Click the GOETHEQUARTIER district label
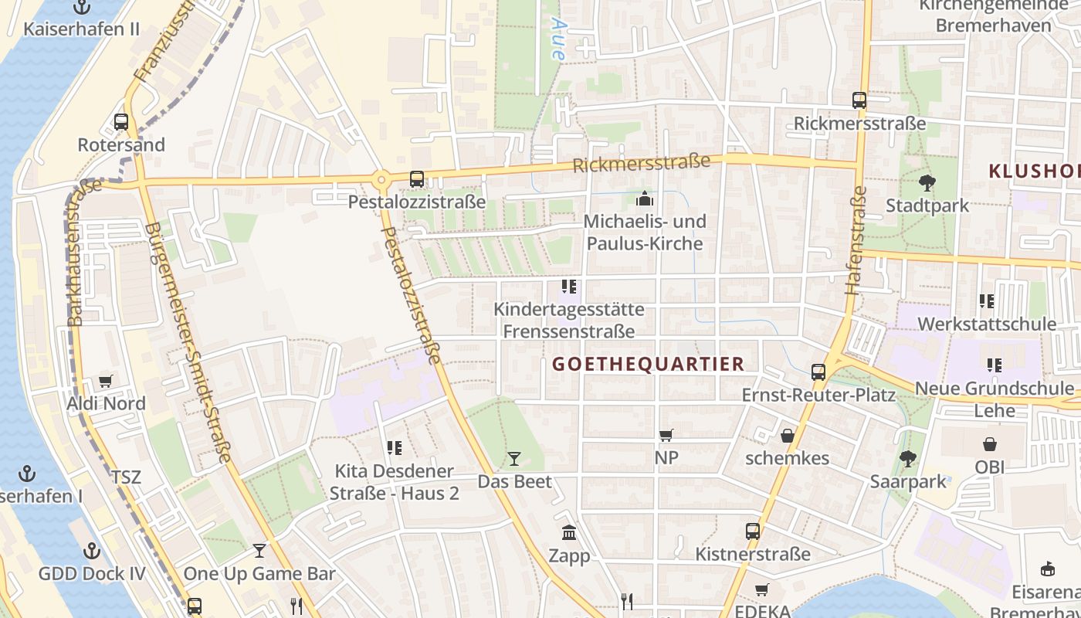(649, 364)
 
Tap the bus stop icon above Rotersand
(121, 121)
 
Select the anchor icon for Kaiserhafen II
(82, 8)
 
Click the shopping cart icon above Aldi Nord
(105, 381)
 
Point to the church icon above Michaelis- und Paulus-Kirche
(644, 199)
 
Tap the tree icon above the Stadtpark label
(927, 183)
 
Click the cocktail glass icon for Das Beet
(514, 459)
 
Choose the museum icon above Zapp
(569, 532)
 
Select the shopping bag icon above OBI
(989, 444)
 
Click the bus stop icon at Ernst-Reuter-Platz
(818, 372)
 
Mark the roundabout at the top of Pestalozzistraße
(381, 182)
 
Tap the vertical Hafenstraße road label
(856, 240)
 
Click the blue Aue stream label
(557, 39)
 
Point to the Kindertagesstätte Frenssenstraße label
(569, 321)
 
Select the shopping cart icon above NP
(666, 435)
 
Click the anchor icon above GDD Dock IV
(92, 551)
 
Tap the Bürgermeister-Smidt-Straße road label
(188, 343)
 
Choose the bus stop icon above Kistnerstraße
(753, 531)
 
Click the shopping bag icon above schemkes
(787, 436)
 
